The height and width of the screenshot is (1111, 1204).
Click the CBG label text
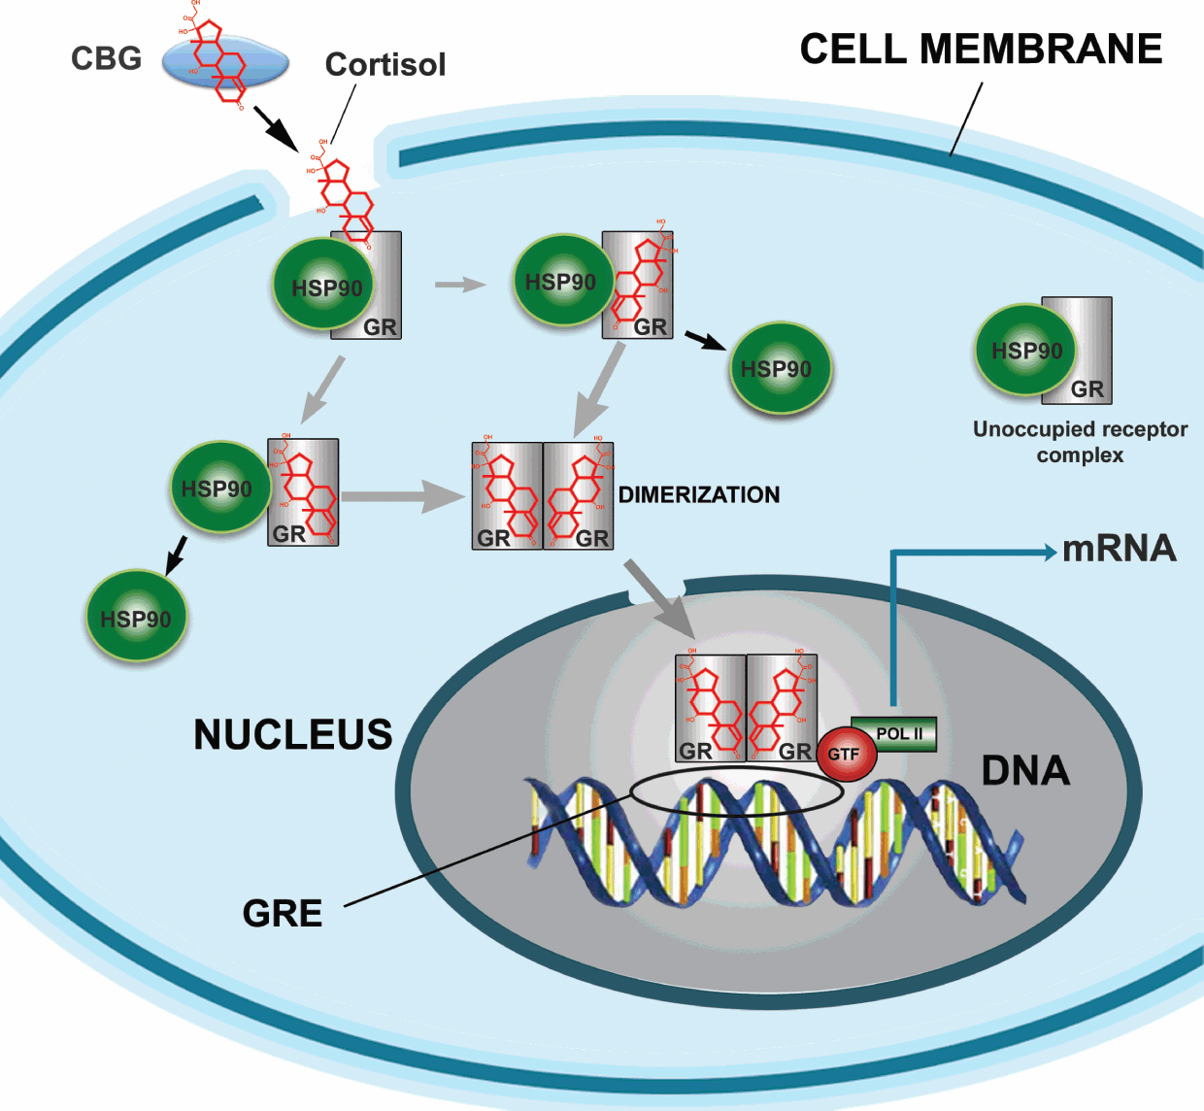tap(106, 59)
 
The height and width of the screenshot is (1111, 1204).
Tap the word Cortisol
tap(385, 65)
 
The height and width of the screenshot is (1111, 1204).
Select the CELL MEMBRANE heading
tap(981, 50)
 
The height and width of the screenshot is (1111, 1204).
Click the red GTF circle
tap(845, 754)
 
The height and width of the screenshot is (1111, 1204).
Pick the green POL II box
tap(898, 734)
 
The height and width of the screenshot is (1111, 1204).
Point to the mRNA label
tap(1119, 550)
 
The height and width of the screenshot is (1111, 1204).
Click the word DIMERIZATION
tap(699, 495)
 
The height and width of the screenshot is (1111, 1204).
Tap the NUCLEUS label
tap(293, 735)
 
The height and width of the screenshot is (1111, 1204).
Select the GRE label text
tap(283, 914)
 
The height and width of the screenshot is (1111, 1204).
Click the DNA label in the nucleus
tap(1025, 771)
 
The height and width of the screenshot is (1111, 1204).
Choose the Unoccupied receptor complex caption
tap(1080, 442)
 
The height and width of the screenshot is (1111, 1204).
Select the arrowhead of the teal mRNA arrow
tap(1051, 553)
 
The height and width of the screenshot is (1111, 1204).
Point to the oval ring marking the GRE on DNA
tap(737, 793)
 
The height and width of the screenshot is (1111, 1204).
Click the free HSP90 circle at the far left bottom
tap(136, 618)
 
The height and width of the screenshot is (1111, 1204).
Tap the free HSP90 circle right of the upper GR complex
tap(777, 369)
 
